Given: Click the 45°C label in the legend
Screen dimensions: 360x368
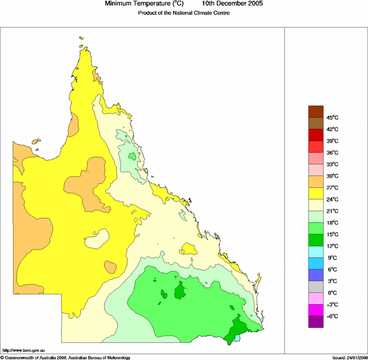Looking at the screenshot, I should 333,117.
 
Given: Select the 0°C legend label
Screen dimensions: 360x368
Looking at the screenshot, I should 332,293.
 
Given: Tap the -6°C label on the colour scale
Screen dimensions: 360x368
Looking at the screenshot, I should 332,316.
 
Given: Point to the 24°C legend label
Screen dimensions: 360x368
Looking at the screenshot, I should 333,199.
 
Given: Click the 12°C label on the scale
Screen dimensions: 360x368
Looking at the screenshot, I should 333,246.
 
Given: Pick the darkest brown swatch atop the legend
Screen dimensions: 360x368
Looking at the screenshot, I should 316,111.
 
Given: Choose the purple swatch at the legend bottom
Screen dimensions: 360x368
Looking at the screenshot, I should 316,322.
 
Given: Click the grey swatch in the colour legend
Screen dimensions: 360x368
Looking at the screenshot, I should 316,287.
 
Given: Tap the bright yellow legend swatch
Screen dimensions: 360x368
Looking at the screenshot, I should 316,193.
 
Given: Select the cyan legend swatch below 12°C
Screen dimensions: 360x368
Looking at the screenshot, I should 316,252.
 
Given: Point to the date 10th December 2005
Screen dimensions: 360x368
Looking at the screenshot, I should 233,4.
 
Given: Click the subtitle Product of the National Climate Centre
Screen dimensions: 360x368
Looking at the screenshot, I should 183,13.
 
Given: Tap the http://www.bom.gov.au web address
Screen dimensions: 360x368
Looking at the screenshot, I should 23,350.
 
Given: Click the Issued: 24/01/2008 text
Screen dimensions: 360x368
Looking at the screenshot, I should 349,357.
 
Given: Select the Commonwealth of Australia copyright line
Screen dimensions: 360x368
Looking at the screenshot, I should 66,357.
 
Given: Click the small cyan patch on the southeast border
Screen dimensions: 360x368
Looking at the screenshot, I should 238,339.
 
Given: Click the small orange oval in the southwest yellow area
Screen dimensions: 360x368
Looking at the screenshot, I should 110,267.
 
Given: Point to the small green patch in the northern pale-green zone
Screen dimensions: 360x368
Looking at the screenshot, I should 132,156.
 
